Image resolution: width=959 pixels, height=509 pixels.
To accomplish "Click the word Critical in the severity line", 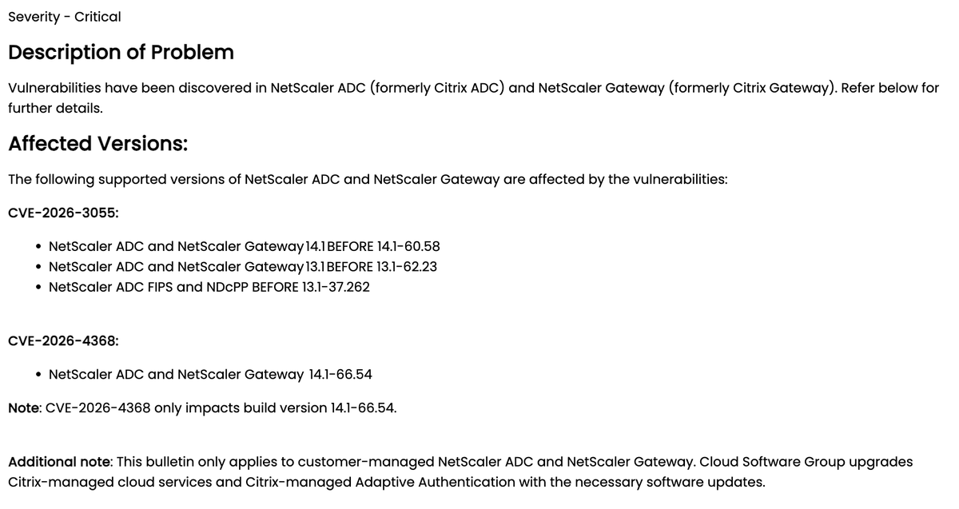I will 97,17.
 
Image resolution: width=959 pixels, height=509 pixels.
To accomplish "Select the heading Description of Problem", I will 121,53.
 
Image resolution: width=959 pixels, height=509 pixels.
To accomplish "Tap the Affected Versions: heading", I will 97,145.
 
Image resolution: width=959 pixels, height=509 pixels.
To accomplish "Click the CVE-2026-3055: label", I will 63,213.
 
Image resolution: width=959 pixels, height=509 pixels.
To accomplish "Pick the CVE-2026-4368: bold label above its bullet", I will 63,341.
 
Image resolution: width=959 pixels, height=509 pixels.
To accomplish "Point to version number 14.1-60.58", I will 408,246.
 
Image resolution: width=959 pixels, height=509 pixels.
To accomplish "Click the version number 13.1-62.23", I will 407,266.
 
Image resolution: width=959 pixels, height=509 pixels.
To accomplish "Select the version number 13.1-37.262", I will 336,287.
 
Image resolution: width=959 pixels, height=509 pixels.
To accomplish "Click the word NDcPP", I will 227,287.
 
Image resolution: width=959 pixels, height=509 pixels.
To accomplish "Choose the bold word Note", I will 23,408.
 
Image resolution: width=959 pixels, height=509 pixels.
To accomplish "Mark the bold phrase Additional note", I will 60,462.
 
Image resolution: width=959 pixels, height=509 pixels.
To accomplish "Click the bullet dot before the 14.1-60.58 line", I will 39,246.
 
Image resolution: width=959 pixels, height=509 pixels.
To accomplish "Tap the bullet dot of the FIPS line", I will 39,287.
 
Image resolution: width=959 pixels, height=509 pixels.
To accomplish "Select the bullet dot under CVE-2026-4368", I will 39,375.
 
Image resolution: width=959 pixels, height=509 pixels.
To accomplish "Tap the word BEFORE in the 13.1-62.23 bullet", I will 351,266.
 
